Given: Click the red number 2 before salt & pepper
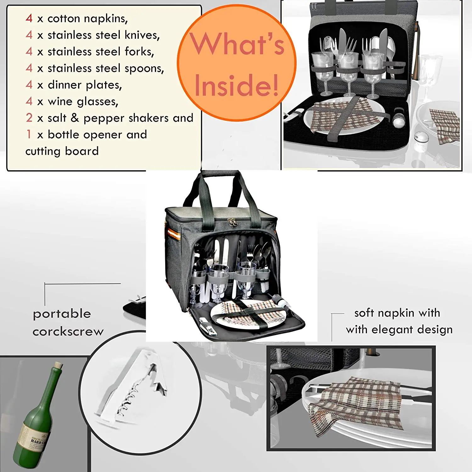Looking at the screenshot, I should (x=29, y=118).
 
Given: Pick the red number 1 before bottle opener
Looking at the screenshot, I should (x=29, y=134).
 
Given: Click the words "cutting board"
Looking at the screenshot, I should (x=62, y=151).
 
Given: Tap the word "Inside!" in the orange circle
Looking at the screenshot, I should (x=237, y=86).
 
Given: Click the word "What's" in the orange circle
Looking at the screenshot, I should (x=237, y=45).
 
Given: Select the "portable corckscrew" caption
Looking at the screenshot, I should (x=68, y=323).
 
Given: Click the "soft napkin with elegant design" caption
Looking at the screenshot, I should (x=399, y=321).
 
